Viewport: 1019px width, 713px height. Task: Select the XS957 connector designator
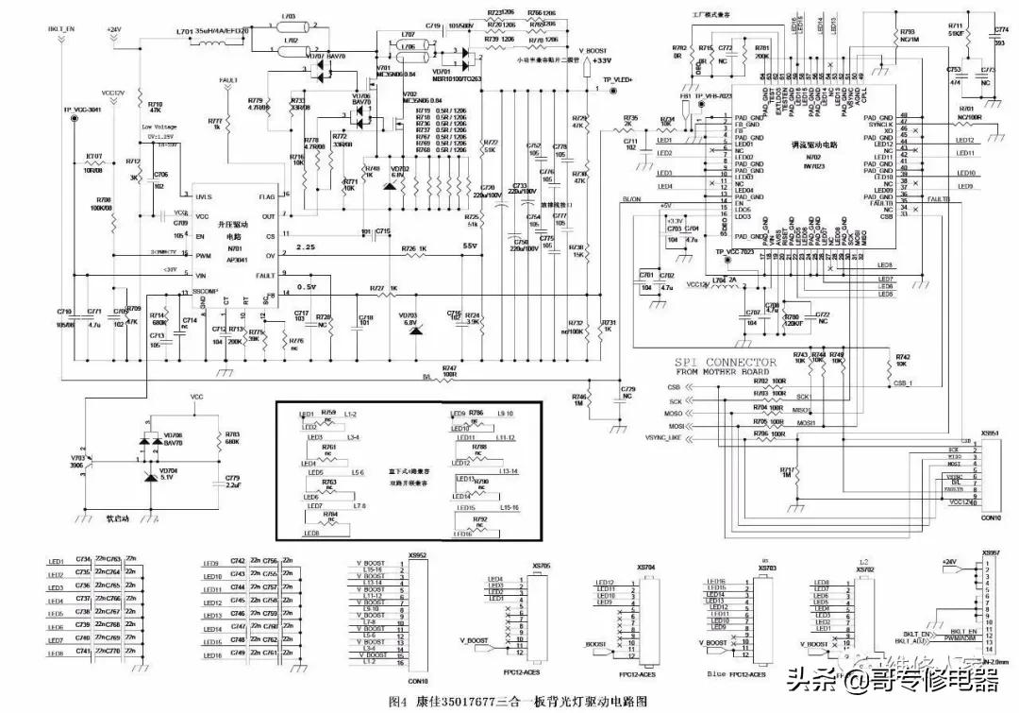pyautogui.click(x=990, y=553)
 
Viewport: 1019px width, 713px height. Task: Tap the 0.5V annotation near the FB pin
pyautogui.click(x=306, y=286)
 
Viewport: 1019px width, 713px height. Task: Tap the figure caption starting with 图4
pyautogui.click(x=519, y=702)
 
